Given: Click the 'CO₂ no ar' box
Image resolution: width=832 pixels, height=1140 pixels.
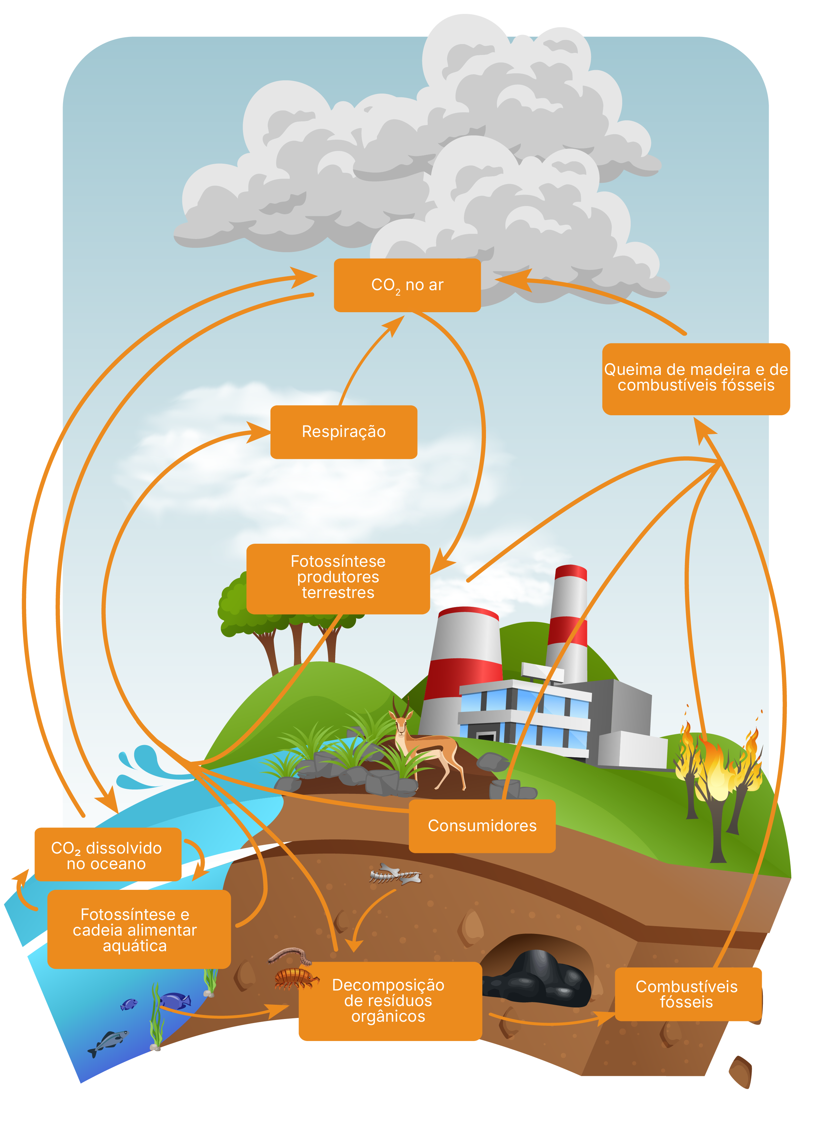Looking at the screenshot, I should tap(407, 285).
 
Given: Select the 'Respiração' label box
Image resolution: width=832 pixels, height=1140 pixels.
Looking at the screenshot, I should tap(344, 432).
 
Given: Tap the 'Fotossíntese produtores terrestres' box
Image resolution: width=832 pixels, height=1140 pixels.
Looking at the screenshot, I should tap(338, 578).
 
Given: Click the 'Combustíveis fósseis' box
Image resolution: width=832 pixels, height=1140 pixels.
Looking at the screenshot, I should tap(687, 994).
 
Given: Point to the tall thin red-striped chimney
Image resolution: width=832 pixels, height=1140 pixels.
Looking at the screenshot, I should tap(568, 625).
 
